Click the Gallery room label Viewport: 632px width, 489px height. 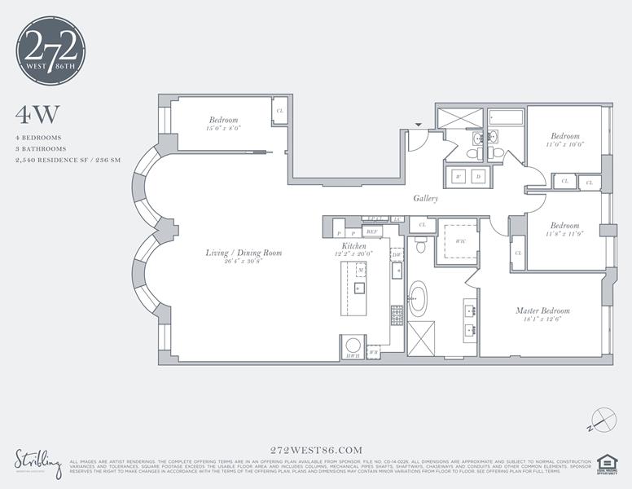tap(425, 198)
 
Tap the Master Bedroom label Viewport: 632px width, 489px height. tap(542, 311)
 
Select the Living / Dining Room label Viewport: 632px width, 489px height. tap(244, 253)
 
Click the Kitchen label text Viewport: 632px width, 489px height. tap(353, 245)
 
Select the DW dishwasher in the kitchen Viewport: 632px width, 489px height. tap(397, 255)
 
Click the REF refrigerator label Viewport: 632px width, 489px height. tap(372, 232)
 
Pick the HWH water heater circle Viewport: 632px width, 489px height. tap(353, 346)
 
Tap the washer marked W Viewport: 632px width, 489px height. tap(459, 176)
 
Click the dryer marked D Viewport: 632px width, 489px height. tap(478, 176)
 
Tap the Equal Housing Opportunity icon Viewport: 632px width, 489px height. tap(607, 463)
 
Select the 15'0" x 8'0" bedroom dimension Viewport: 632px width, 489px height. tap(223, 129)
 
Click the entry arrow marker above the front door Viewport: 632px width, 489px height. tap(419, 125)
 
